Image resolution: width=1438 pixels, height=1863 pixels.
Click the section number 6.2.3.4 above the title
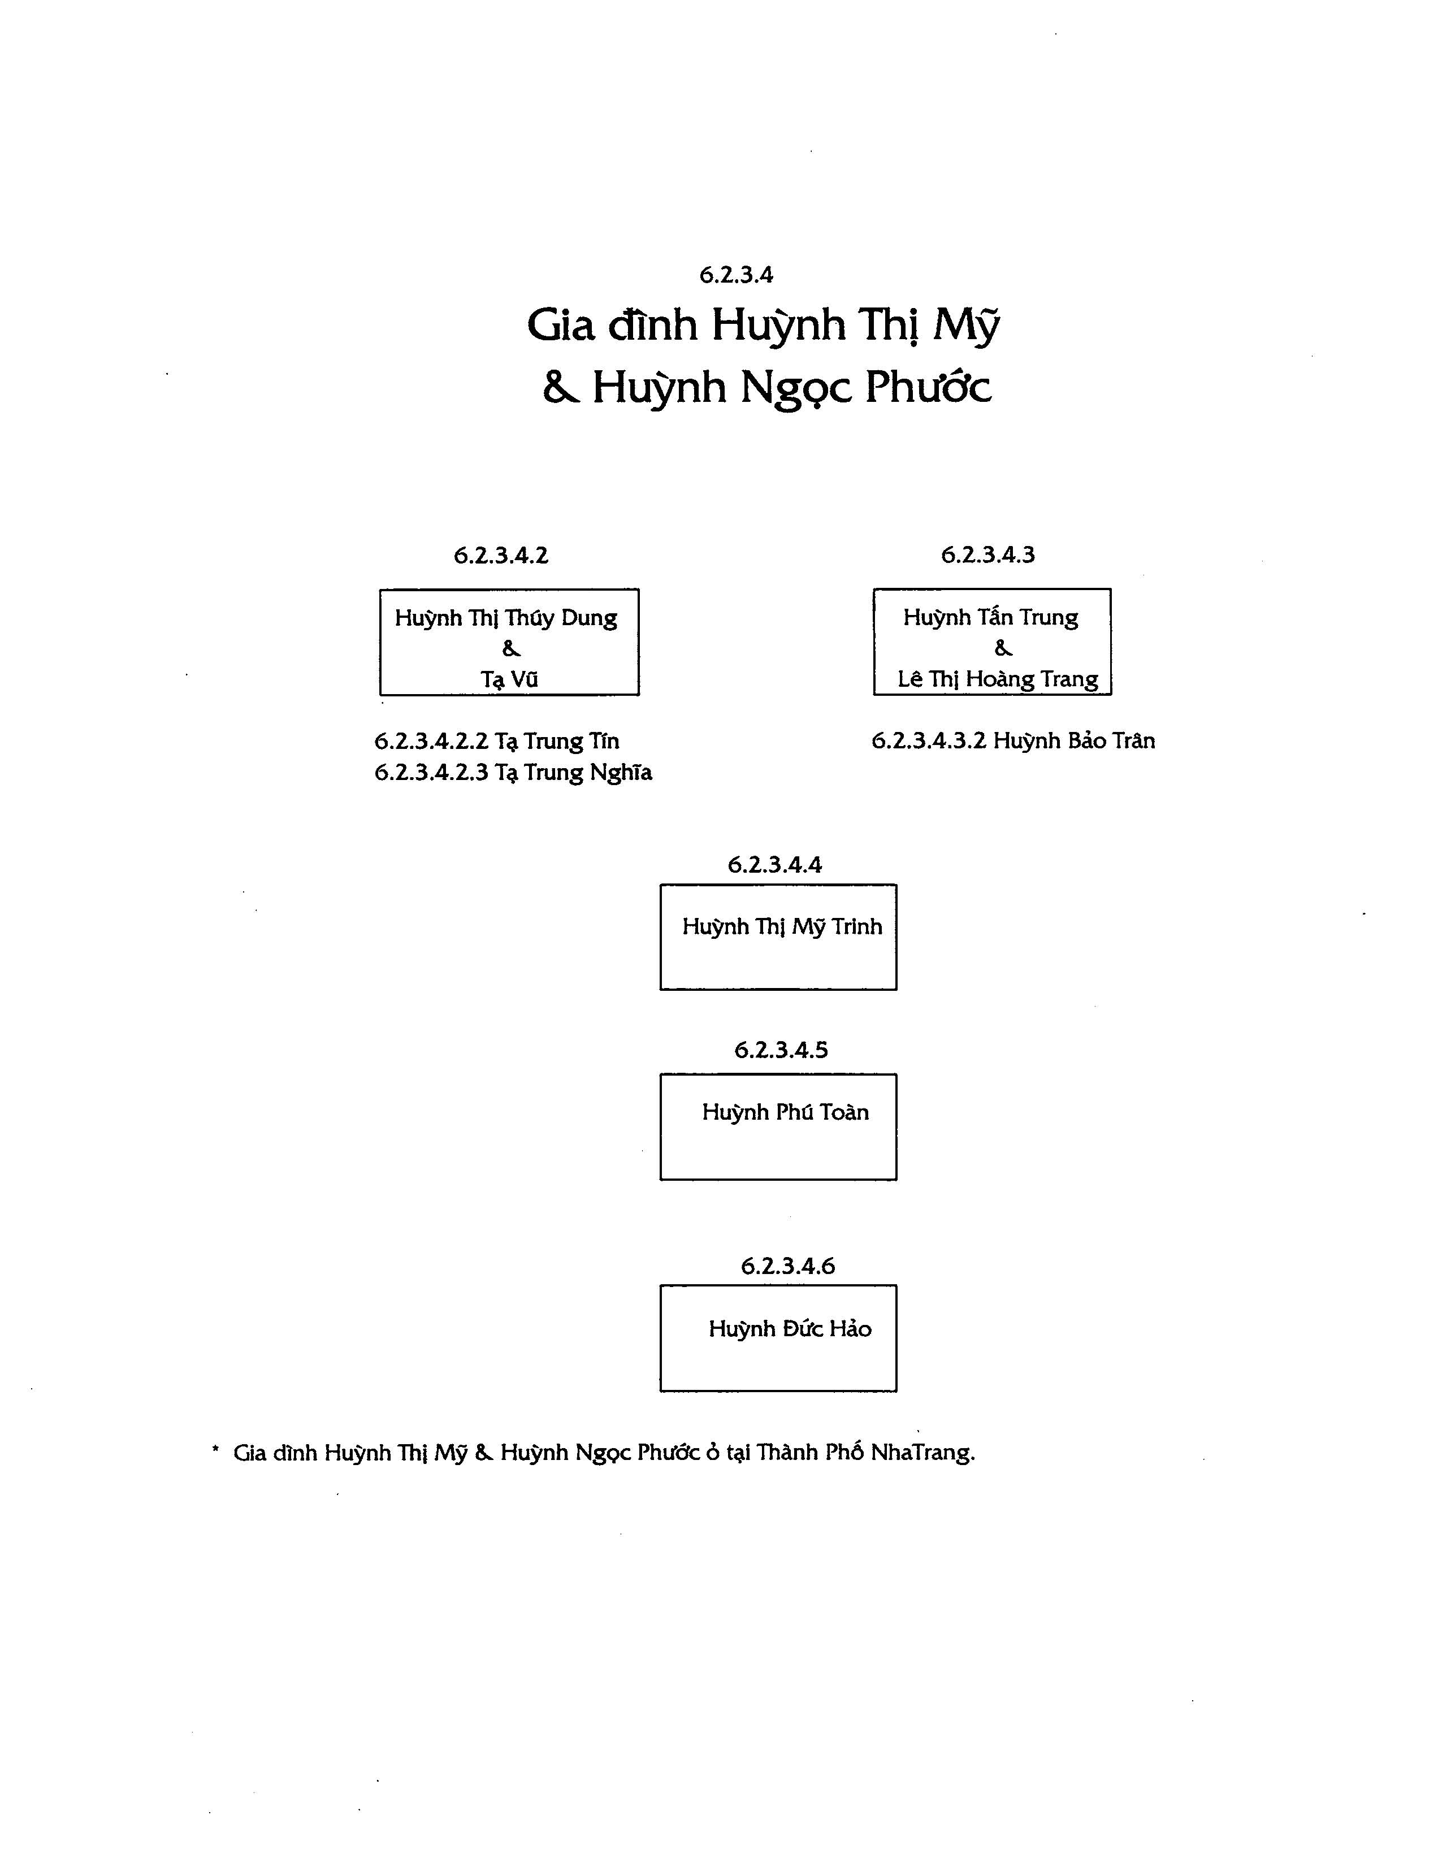coord(736,275)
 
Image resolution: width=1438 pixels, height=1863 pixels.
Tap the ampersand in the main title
coord(561,388)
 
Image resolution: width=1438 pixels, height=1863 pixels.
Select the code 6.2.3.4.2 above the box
coord(501,555)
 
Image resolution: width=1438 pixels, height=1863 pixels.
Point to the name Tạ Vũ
coord(509,679)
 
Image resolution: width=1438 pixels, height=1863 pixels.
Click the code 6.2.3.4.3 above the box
coord(987,554)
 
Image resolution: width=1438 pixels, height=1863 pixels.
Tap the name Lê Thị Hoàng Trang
coord(998,679)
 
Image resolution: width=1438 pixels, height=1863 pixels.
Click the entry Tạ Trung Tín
coord(557,741)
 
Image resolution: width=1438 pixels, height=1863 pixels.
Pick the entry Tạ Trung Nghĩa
coord(573,773)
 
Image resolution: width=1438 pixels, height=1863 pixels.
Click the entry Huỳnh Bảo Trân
coord(1074,740)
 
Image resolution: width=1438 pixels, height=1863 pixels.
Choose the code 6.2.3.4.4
coord(774,865)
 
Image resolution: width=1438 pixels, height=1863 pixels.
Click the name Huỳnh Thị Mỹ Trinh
coord(782,927)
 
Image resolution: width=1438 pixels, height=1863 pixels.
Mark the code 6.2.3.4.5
coord(781,1050)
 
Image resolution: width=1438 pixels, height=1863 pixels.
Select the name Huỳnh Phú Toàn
coord(786,1112)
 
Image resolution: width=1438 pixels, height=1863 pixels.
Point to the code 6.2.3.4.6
coord(788,1266)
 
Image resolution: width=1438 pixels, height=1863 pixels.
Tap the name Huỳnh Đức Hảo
coord(790,1328)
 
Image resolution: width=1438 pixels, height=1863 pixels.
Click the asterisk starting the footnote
coord(216,1449)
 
